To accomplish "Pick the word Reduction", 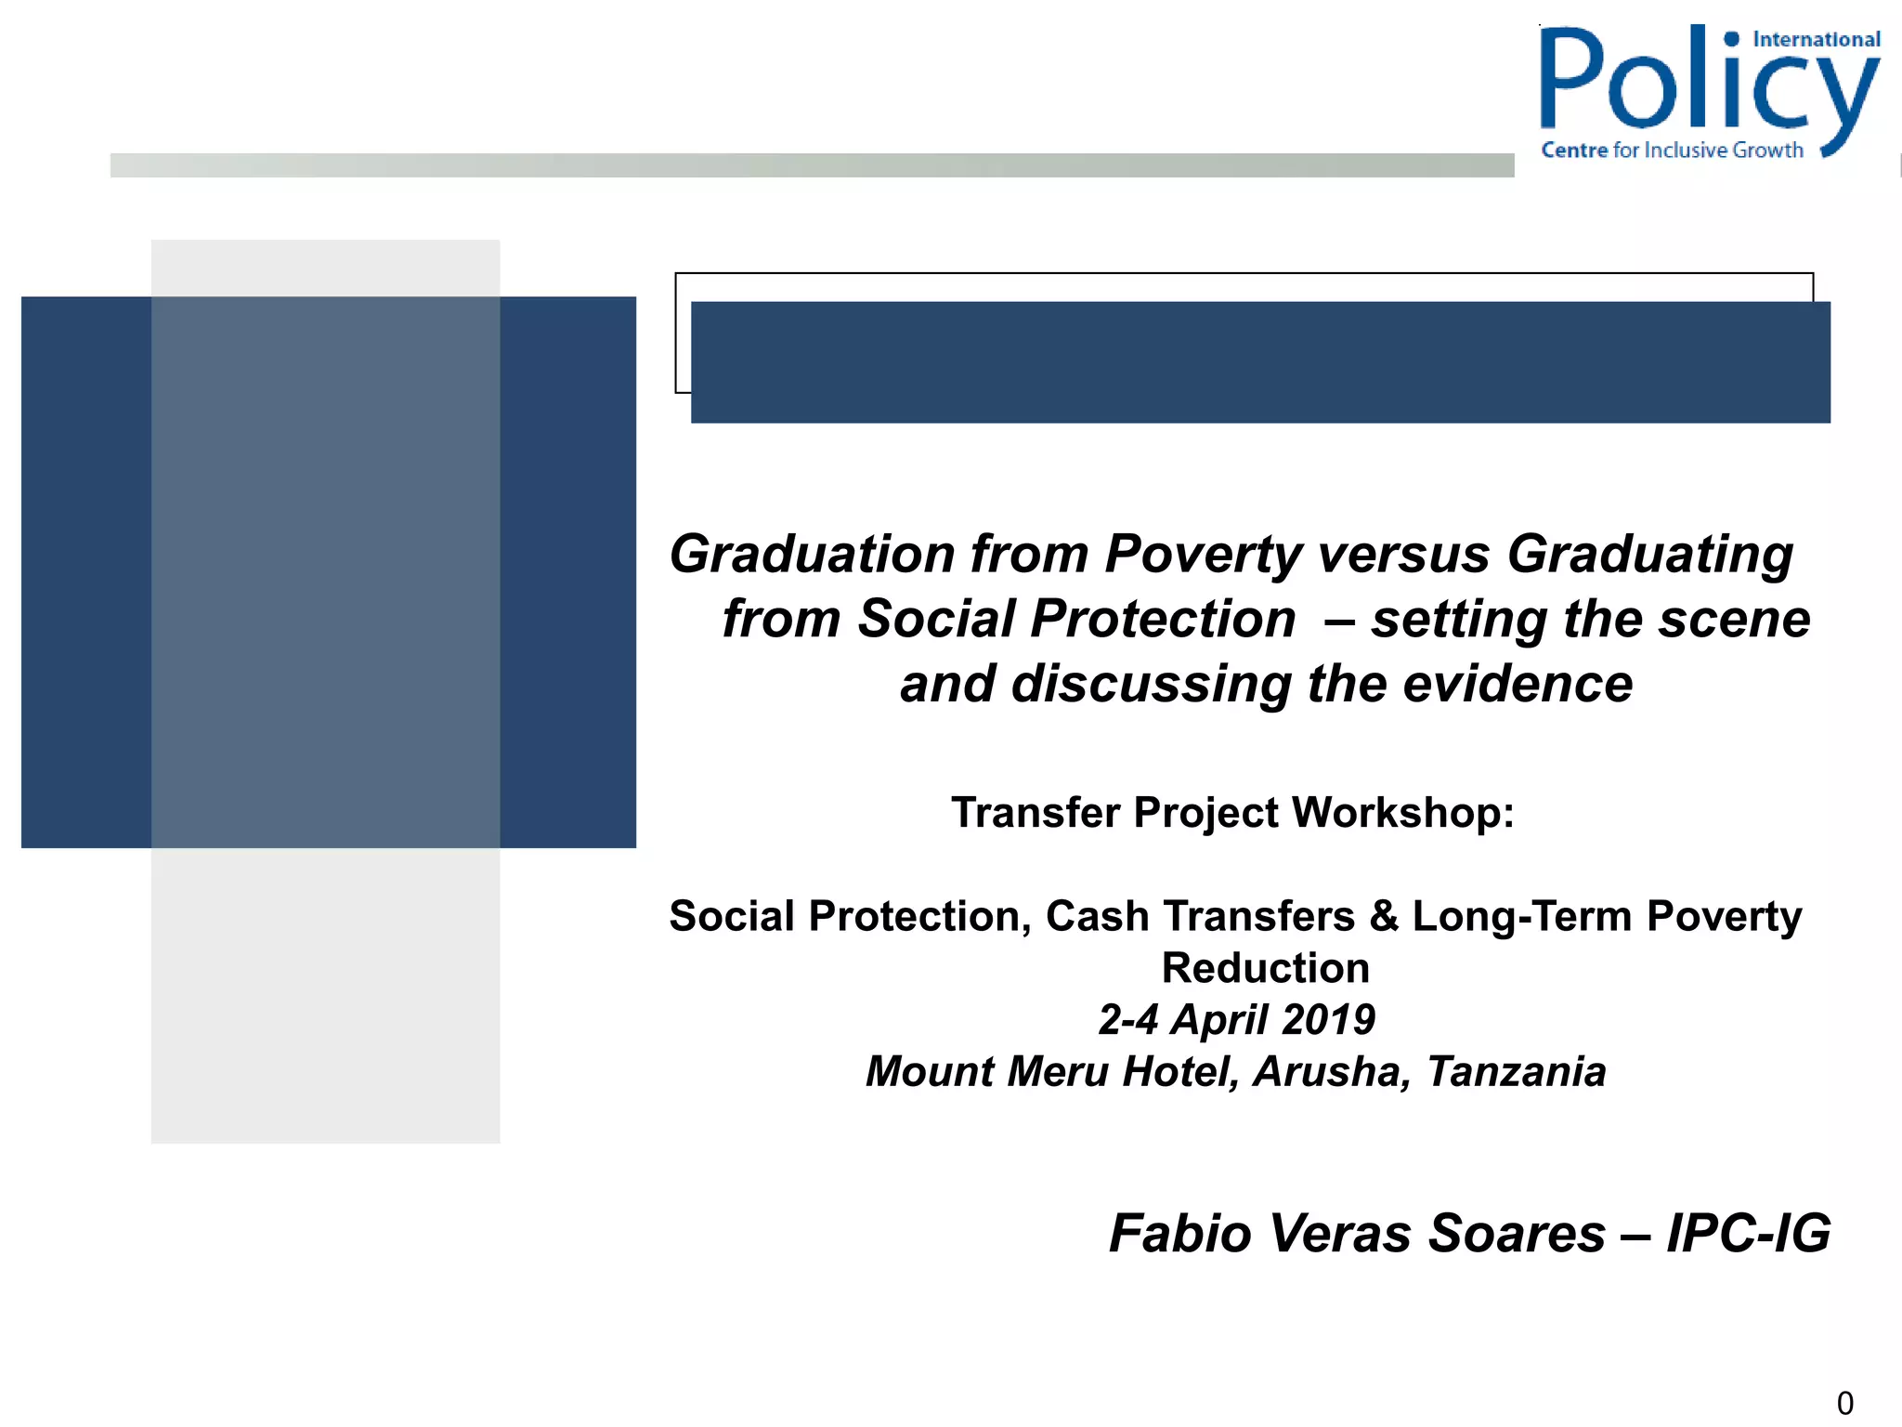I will point(1265,968).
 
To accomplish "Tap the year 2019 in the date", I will point(1329,1020).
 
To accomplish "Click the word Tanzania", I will point(1516,1072).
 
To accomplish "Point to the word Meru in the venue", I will point(1059,1072).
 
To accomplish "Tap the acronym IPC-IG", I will point(1748,1234).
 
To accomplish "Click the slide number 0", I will point(1844,1403).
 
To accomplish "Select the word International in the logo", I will point(1816,40).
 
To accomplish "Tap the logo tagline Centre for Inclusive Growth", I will point(1672,151).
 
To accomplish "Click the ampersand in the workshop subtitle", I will point(1384,917).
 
